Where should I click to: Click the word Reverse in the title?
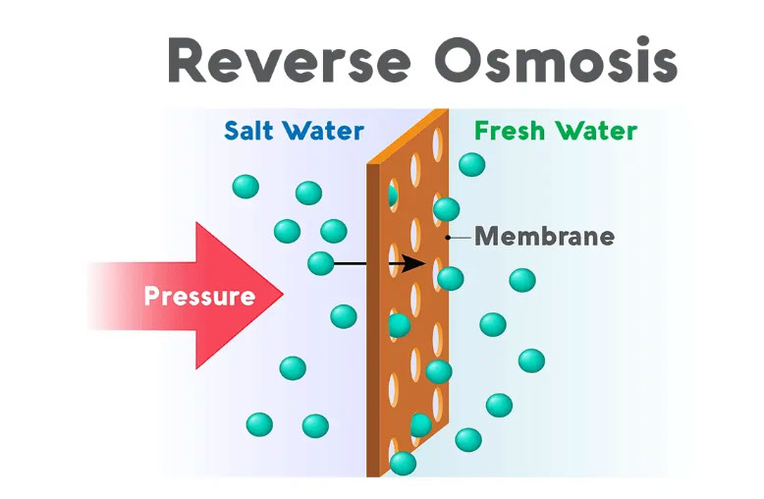(290, 60)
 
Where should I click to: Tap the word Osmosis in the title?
(556, 60)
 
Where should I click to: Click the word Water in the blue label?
(323, 131)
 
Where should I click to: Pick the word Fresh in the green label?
(510, 131)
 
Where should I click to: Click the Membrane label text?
(544, 237)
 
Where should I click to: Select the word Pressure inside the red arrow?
(199, 296)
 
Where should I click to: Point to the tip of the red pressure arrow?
(283, 294)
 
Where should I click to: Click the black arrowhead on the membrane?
(414, 263)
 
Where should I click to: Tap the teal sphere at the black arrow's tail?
(320, 263)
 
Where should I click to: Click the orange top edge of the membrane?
(408, 137)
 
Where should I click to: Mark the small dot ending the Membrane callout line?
(448, 238)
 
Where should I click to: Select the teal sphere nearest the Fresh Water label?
(471, 164)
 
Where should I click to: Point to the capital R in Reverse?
(187, 60)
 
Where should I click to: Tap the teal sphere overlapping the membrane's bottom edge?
(403, 463)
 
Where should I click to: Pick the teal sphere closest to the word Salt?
(246, 187)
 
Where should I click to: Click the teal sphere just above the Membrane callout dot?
(446, 209)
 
